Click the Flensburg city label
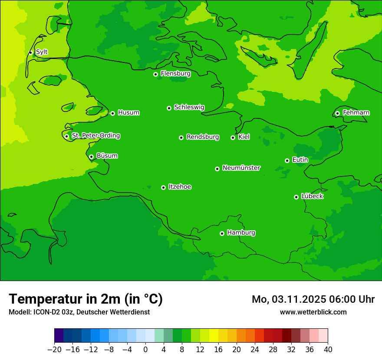coord(175,74)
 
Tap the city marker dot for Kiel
coord(233,137)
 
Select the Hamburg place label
coord(241,233)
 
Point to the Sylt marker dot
coord(30,52)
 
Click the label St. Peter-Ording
coord(96,136)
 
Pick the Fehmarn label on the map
coord(356,113)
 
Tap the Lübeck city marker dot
coord(296,197)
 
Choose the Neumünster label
coord(241,168)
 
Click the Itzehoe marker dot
coord(163,187)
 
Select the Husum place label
coord(128,113)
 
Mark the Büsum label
coord(107,156)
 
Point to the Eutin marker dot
coord(287,160)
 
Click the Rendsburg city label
coord(203,137)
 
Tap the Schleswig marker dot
coord(169,108)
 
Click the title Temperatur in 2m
coord(86,299)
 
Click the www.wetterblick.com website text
coord(313,312)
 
